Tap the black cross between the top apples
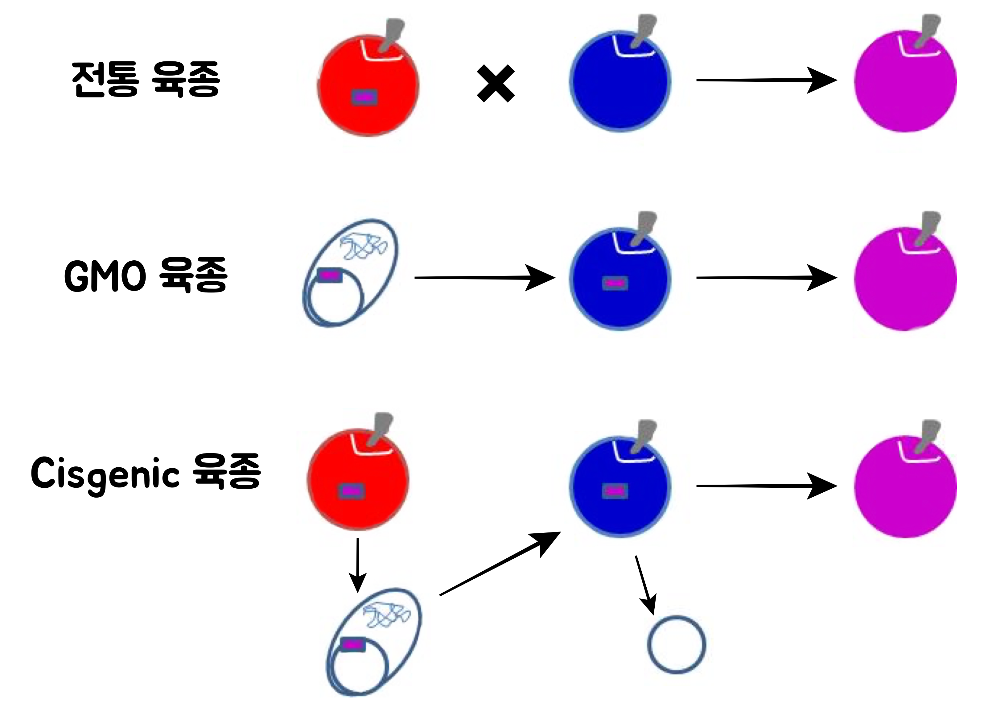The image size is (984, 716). click(496, 83)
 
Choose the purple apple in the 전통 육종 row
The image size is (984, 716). click(905, 81)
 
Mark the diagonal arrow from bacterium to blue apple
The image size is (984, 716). click(499, 564)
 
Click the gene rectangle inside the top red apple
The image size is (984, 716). click(364, 97)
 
